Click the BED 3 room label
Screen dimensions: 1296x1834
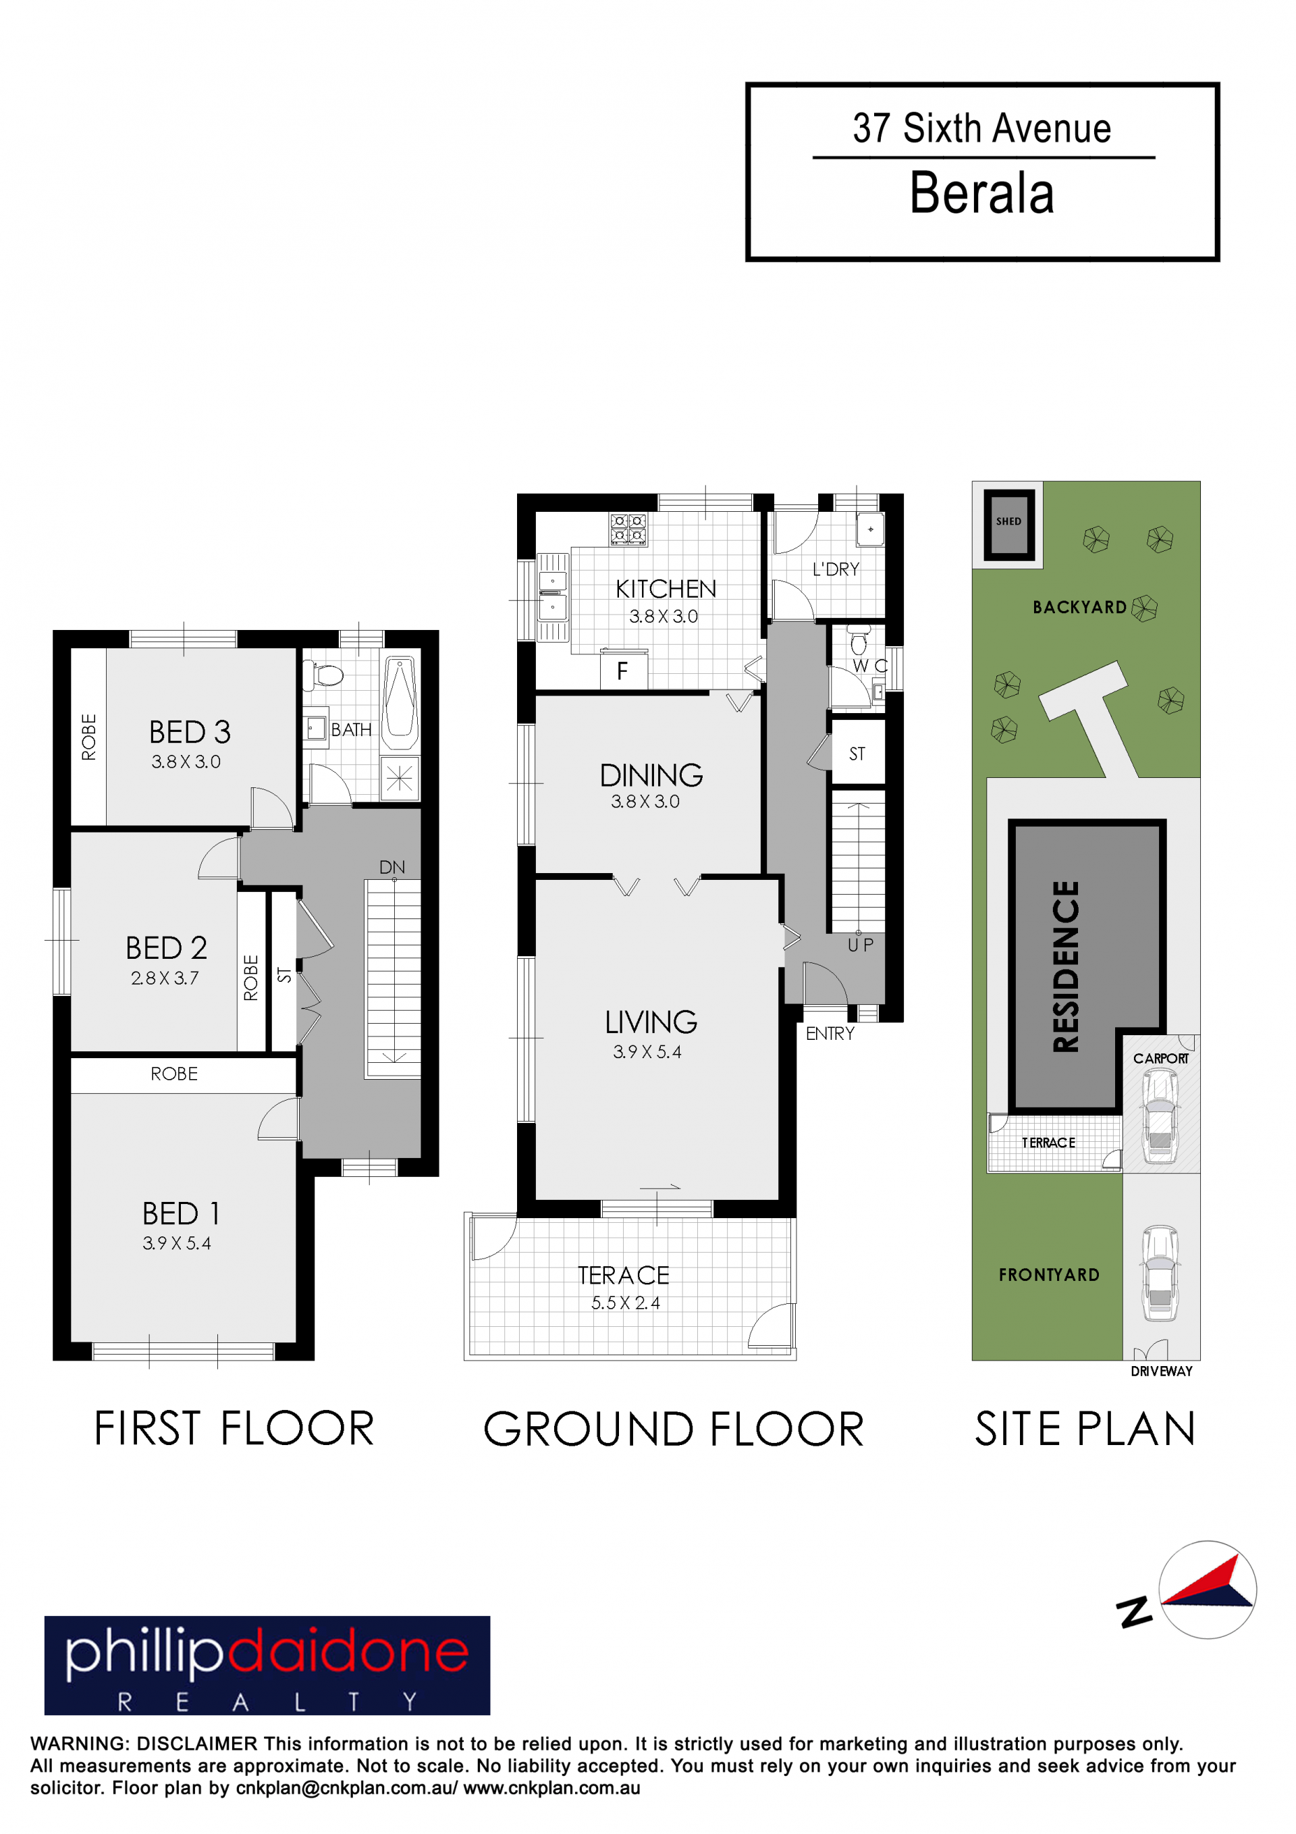[190, 732]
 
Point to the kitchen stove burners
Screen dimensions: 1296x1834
[628, 529]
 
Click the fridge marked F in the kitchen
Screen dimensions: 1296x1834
[624, 669]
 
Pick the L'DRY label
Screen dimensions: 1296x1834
[836, 569]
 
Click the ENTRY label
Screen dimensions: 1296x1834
[830, 1034]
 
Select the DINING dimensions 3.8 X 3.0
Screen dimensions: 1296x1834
[645, 801]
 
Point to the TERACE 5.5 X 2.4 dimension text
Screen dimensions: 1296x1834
[625, 1303]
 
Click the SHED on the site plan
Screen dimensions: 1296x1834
[1008, 524]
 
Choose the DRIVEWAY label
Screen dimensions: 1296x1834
[1161, 1371]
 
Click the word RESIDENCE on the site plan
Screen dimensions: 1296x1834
[1066, 966]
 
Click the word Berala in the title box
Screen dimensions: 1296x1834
[981, 193]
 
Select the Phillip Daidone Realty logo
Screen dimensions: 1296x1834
[267, 1665]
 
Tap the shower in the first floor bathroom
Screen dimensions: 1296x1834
[400, 777]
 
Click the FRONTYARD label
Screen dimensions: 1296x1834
[1048, 1275]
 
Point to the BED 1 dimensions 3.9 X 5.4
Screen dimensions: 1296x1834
[176, 1243]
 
